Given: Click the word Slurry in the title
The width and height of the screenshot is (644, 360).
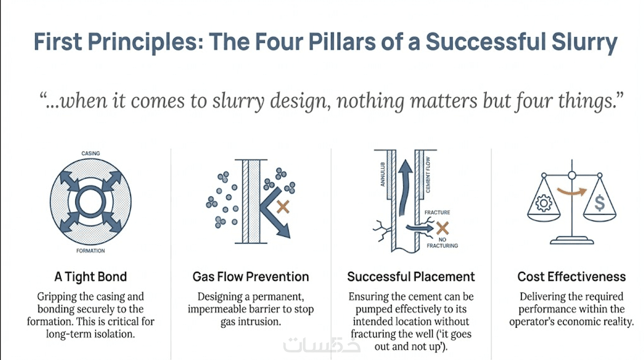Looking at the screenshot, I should pos(583,42).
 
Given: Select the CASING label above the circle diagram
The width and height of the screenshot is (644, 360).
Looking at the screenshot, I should pos(91,154).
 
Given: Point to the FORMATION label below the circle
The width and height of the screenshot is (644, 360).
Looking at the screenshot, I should pos(91,251).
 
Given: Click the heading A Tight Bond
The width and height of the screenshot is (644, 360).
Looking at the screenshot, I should pos(91,276).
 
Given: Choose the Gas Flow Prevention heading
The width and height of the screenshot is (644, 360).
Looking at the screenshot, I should pos(251,276).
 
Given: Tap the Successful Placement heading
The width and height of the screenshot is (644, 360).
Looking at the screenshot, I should pos(411,276).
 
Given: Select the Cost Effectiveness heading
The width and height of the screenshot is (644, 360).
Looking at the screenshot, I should pos(571,276).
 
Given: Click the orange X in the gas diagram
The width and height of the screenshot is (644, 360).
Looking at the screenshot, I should pos(283,207).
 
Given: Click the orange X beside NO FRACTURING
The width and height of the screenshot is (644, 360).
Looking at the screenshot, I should pos(442,227).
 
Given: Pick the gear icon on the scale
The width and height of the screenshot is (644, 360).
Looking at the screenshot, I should pos(543,203).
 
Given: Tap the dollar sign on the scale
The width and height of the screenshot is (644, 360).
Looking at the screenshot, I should pos(600,203).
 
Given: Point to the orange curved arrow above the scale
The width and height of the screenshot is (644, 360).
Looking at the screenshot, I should pos(572,191).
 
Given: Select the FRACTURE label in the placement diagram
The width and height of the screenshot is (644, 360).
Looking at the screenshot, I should pos(437,213).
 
